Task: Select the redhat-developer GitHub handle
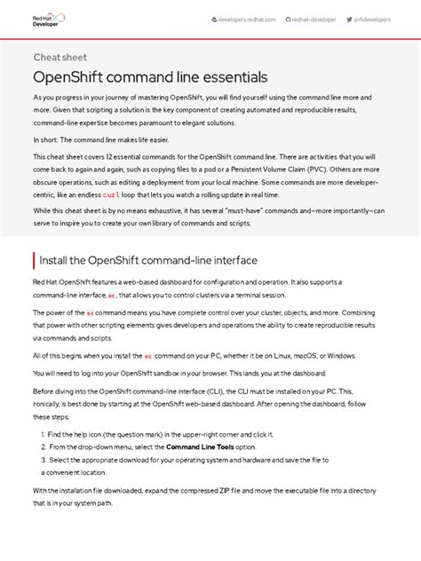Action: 314,19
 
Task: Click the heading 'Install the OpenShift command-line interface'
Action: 147,260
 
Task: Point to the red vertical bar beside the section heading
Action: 33,260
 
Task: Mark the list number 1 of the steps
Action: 43,434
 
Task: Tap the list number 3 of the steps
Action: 43,460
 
